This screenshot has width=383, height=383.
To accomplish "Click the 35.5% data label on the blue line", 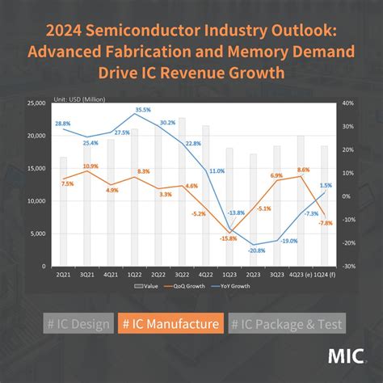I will [143, 109].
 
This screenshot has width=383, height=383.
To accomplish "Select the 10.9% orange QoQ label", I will [90, 166].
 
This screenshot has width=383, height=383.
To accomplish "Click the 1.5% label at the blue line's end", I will [325, 185].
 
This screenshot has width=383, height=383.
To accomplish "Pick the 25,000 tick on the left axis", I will [36, 103].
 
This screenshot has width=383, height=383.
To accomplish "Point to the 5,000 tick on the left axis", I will [38, 234].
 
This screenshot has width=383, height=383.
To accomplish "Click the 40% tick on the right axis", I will [348, 103].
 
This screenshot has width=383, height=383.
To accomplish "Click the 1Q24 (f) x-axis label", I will [324, 273].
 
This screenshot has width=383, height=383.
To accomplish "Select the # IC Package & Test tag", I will [286, 324].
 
